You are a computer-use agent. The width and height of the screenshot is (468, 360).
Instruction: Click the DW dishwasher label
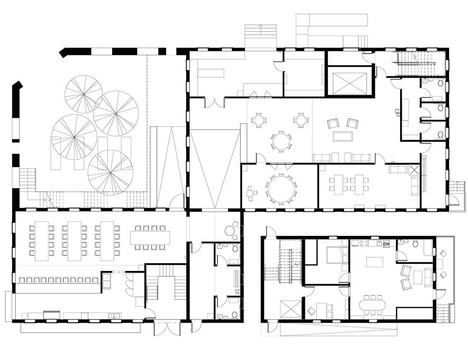tap(386, 244)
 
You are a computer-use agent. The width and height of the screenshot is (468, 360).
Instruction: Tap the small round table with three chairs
tap(250, 192)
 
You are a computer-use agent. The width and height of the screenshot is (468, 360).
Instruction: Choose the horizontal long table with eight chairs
tap(150, 238)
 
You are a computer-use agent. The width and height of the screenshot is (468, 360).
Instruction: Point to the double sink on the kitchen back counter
tap(115, 316)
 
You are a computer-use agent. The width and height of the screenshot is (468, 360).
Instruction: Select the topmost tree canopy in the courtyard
tap(84, 94)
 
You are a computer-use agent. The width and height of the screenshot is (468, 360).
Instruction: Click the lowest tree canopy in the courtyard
tap(110, 173)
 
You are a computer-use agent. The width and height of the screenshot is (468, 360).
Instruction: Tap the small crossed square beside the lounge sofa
tap(414, 170)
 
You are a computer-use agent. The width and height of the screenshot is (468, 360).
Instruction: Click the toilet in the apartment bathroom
tap(415, 244)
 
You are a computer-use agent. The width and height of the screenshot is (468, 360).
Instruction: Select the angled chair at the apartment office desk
tap(312, 310)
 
